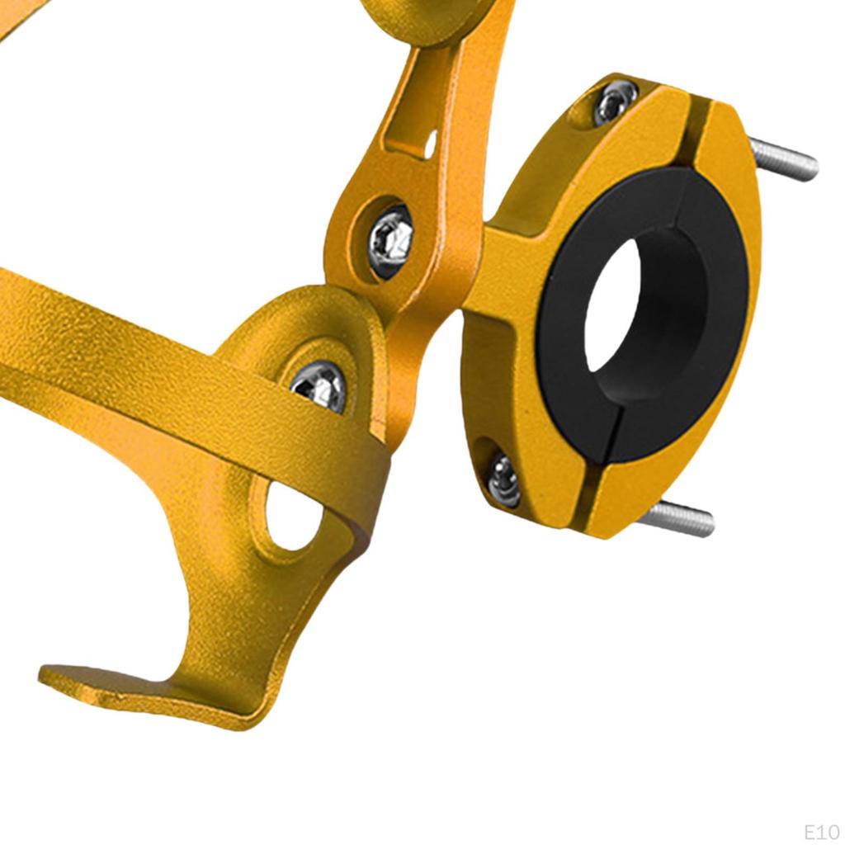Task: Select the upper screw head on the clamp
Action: pos(614,102)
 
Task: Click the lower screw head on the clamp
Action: pos(503,480)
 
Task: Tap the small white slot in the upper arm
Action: pos(430,144)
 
